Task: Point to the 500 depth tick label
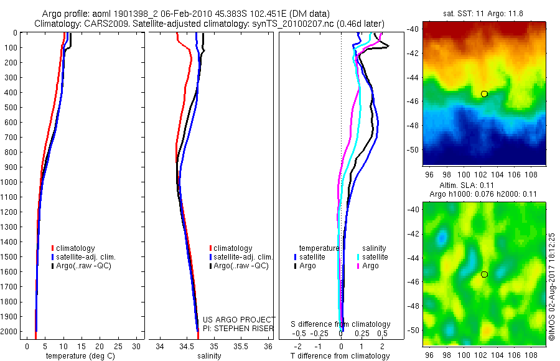click(x=10, y=107)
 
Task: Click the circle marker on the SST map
click(x=484, y=94)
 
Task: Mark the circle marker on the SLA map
click(x=484, y=274)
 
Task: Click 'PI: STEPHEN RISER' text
click(x=239, y=327)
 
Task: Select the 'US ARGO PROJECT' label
click(x=239, y=319)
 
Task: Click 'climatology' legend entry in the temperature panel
click(x=78, y=248)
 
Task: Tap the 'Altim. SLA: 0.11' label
click(x=478, y=185)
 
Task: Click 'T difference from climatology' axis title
click(x=340, y=356)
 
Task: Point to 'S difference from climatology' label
click(x=340, y=324)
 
